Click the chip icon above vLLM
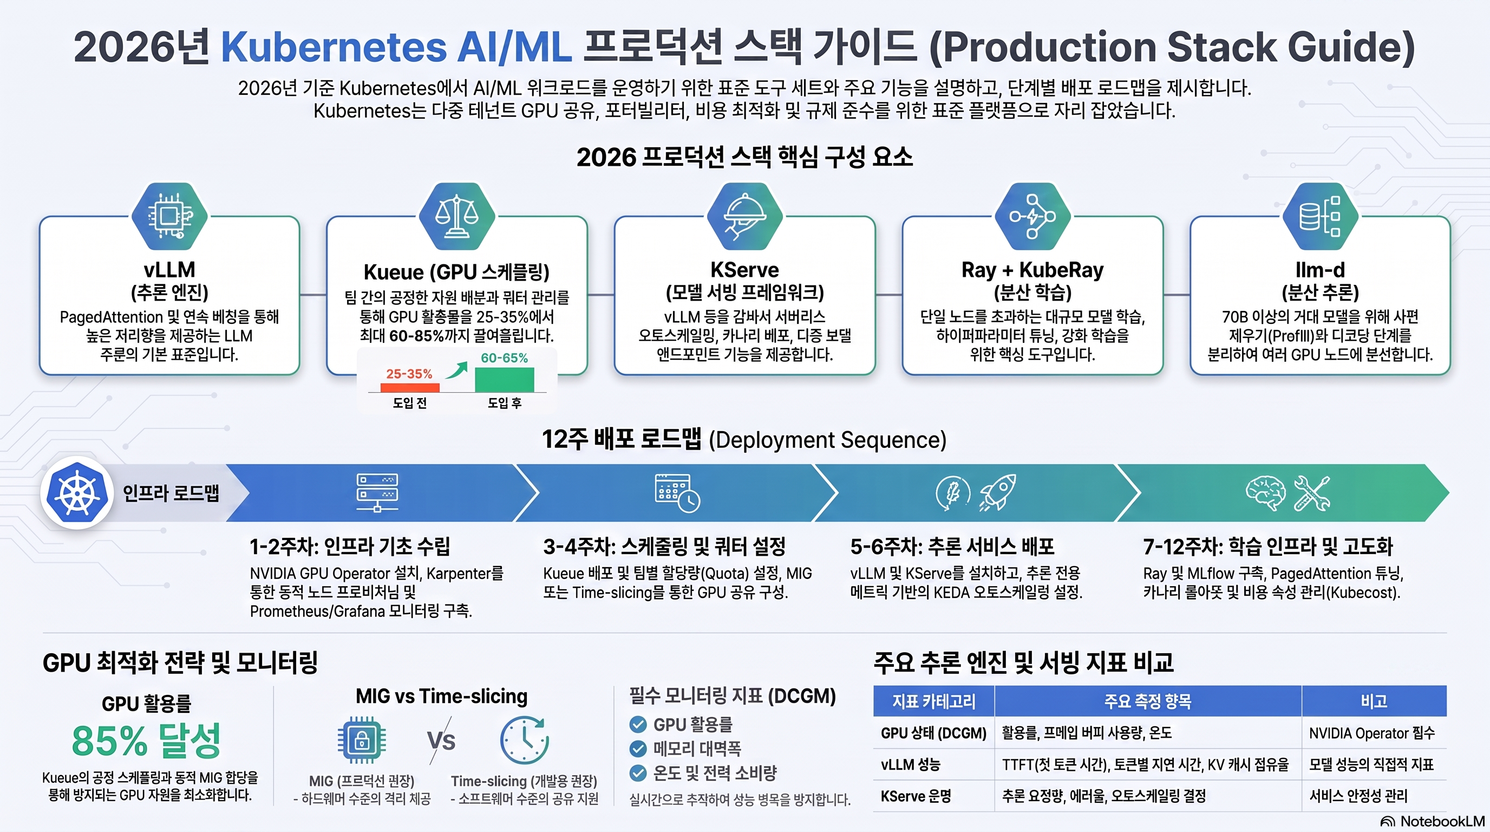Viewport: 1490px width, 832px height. (169, 216)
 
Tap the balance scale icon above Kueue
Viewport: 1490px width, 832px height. (457, 216)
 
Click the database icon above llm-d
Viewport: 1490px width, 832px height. (1320, 216)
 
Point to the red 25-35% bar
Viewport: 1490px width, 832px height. (410, 387)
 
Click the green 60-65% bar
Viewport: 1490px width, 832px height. (505, 380)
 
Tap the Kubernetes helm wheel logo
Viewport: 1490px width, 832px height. (77, 493)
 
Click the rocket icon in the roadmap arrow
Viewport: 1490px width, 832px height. (998, 492)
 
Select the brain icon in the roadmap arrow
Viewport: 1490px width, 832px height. (1265, 493)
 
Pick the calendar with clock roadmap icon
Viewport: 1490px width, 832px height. (677, 493)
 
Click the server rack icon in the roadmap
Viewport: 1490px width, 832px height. (377, 493)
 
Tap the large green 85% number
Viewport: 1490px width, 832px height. (110, 740)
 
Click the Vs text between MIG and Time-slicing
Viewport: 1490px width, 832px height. (441, 740)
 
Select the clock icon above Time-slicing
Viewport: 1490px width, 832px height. (524, 740)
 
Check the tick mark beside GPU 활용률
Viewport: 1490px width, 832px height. (638, 724)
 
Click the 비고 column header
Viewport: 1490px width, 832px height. (1374, 701)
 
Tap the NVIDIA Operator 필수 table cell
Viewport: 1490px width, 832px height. (1372, 733)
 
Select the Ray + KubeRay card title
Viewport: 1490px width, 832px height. (1032, 270)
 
